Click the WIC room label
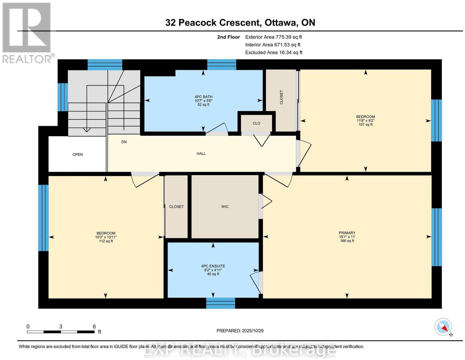(x=225, y=207)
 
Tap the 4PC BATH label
(x=203, y=97)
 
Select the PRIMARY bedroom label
(x=347, y=233)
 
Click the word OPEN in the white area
(x=78, y=155)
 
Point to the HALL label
(x=201, y=154)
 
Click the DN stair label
(x=124, y=142)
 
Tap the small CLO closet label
(x=256, y=123)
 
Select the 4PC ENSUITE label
(x=213, y=266)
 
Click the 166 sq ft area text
(x=347, y=241)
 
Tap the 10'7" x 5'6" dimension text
(x=203, y=101)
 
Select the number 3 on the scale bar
(x=61, y=327)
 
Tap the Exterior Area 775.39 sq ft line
(x=273, y=37)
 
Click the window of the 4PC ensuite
(x=220, y=303)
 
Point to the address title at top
(x=240, y=23)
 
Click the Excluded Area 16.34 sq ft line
(x=274, y=52)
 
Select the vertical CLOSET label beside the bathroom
(x=281, y=97)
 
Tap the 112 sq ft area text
(x=106, y=241)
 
